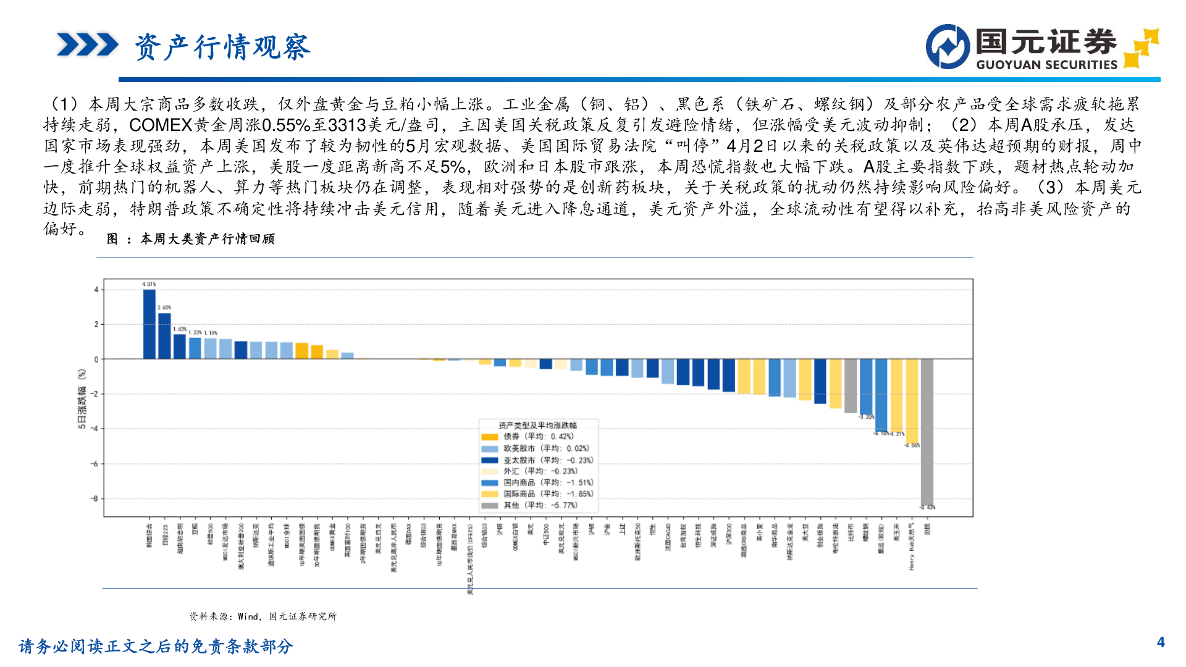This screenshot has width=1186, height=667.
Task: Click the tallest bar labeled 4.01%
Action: [x=149, y=324]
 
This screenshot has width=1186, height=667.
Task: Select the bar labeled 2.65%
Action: [x=164, y=336]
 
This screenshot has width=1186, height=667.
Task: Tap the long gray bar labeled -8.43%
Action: [x=927, y=432]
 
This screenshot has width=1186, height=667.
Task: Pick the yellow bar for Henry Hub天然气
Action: [x=911, y=401]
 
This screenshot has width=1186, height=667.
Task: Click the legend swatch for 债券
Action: [x=489, y=437]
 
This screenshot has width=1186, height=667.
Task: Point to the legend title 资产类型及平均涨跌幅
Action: [x=537, y=425]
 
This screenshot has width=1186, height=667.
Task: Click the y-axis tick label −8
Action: [x=94, y=498]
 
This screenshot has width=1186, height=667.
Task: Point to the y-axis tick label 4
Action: [x=96, y=290]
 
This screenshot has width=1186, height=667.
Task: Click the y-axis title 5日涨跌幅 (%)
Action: [x=82, y=399]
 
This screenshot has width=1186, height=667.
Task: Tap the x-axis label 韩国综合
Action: [x=149, y=536]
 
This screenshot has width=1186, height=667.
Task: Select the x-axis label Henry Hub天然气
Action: [x=911, y=547]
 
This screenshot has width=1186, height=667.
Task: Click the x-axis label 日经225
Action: [x=164, y=535]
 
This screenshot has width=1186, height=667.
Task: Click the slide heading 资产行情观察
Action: [x=222, y=47]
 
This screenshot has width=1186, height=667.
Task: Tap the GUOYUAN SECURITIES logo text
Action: [x=1046, y=65]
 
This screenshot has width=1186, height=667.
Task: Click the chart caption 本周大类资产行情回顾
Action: [x=207, y=239]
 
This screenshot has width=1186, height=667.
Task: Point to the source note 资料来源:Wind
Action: [x=263, y=616]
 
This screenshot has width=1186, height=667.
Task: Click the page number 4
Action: [x=1161, y=643]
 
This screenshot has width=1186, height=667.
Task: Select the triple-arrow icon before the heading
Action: [x=87, y=45]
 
